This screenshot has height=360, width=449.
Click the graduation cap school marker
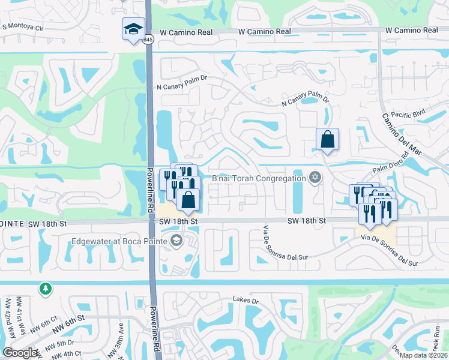click(x=133, y=28)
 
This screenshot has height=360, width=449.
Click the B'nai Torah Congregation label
click(x=259, y=178)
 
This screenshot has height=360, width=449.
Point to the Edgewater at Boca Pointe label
click(x=119, y=242)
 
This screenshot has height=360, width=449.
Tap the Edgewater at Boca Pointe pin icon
click(x=176, y=241)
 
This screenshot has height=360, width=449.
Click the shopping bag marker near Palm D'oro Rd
click(x=328, y=140)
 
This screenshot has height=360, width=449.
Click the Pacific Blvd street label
click(x=407, y=112)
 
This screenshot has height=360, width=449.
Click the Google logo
click(x=20, y=352)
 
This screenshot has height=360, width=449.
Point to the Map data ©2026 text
click(x=423, y=355)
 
